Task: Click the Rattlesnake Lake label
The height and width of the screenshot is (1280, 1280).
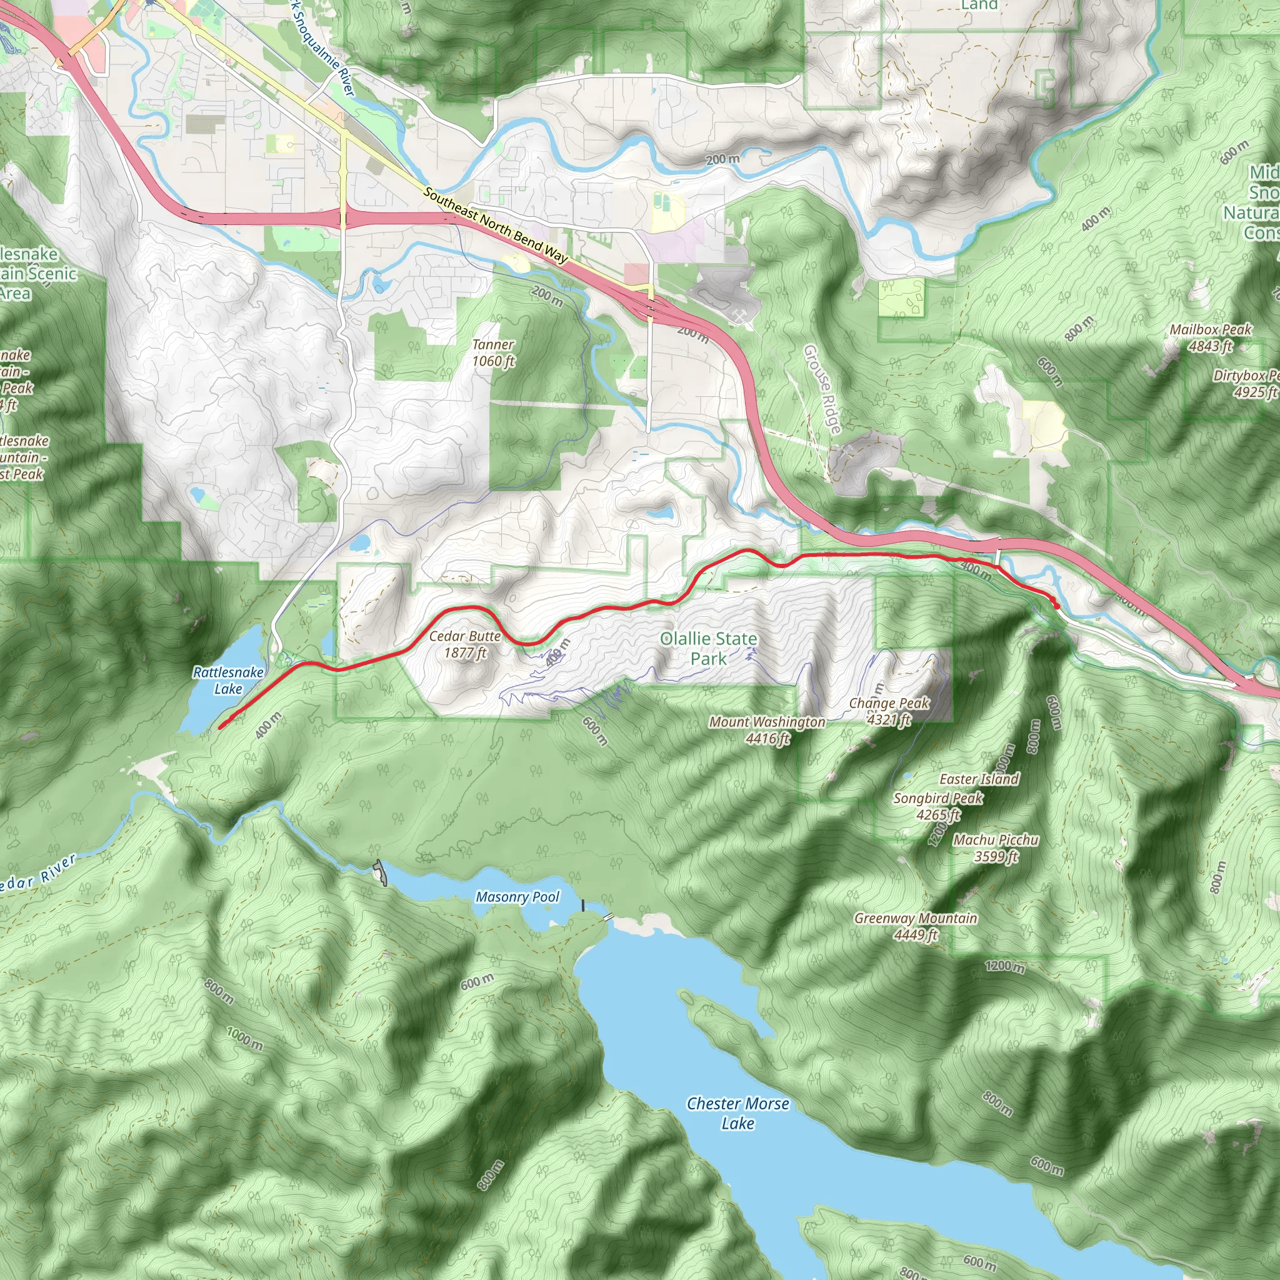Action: [228, 681]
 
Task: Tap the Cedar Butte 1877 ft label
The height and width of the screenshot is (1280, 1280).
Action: [465, 644]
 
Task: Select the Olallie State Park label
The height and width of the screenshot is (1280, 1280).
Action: [708, 649]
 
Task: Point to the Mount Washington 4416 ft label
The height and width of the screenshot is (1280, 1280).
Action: [767, 730]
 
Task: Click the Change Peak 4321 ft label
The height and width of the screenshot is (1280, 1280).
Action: [889, 711]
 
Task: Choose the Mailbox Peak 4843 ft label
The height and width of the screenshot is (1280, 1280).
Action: [1210, 337]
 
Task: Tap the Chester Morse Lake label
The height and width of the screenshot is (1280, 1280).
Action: [737, 1113]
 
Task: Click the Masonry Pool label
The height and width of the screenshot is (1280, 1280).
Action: [517, 897]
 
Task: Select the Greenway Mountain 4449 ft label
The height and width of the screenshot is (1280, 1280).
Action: [916, 926]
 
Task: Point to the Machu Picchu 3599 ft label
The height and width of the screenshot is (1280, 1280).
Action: [996, 848]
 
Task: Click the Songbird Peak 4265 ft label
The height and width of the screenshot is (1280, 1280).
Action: [938, 806]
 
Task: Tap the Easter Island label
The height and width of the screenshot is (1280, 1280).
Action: [979, 779]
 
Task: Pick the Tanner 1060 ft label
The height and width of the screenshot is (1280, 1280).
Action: [493, 352]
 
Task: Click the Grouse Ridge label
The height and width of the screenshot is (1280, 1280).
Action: [822, 389]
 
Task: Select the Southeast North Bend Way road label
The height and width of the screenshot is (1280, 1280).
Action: [496, 225]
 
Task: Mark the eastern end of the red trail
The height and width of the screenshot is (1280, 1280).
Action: [1056, 605]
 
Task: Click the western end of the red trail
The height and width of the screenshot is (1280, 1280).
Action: [220, 727]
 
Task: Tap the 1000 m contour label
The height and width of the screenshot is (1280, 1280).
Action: [244, 1038]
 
